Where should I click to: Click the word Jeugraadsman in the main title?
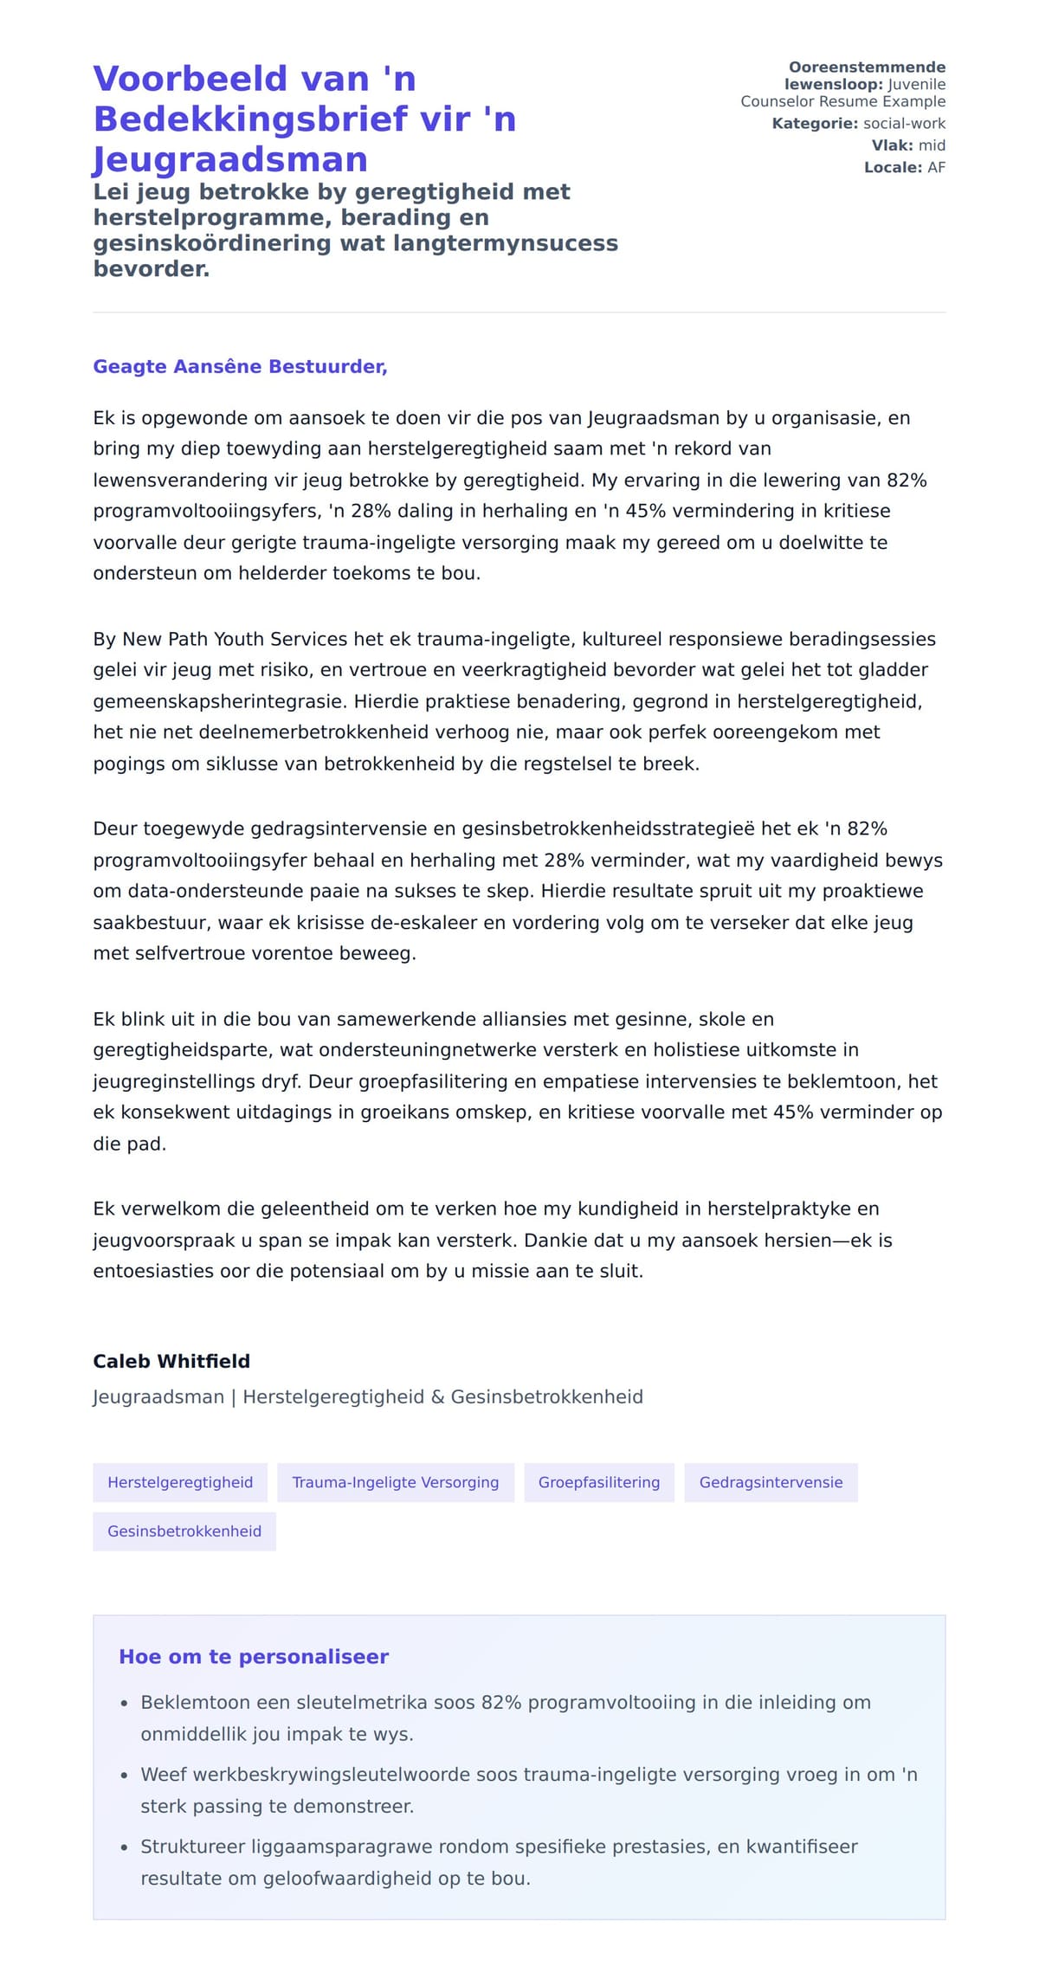tap(230, 159)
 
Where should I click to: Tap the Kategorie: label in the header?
tap(815, 124)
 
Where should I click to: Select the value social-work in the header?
tap(904, 124)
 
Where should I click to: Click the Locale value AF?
tap(936, 167)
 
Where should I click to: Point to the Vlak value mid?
tap(932, 145)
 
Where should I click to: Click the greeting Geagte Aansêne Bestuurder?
tap(240, 366)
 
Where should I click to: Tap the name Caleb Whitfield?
tap(171, 1361)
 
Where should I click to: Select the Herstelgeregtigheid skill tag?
tap(180, 1482)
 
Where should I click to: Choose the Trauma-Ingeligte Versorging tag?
tap(395, 1482)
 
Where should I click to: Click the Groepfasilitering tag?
tap(598, 1482)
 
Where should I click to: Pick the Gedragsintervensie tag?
tap(771, 1482)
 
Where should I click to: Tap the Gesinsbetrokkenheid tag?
tap(184, 1531)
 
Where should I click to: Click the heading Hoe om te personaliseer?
tap(254, 1656)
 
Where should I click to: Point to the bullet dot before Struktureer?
tap(125, 1847)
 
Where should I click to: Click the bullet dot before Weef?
tap(125, 1776)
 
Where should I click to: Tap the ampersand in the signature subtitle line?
tap(436, 1396)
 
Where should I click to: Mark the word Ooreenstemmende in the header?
tap(867, 68)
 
